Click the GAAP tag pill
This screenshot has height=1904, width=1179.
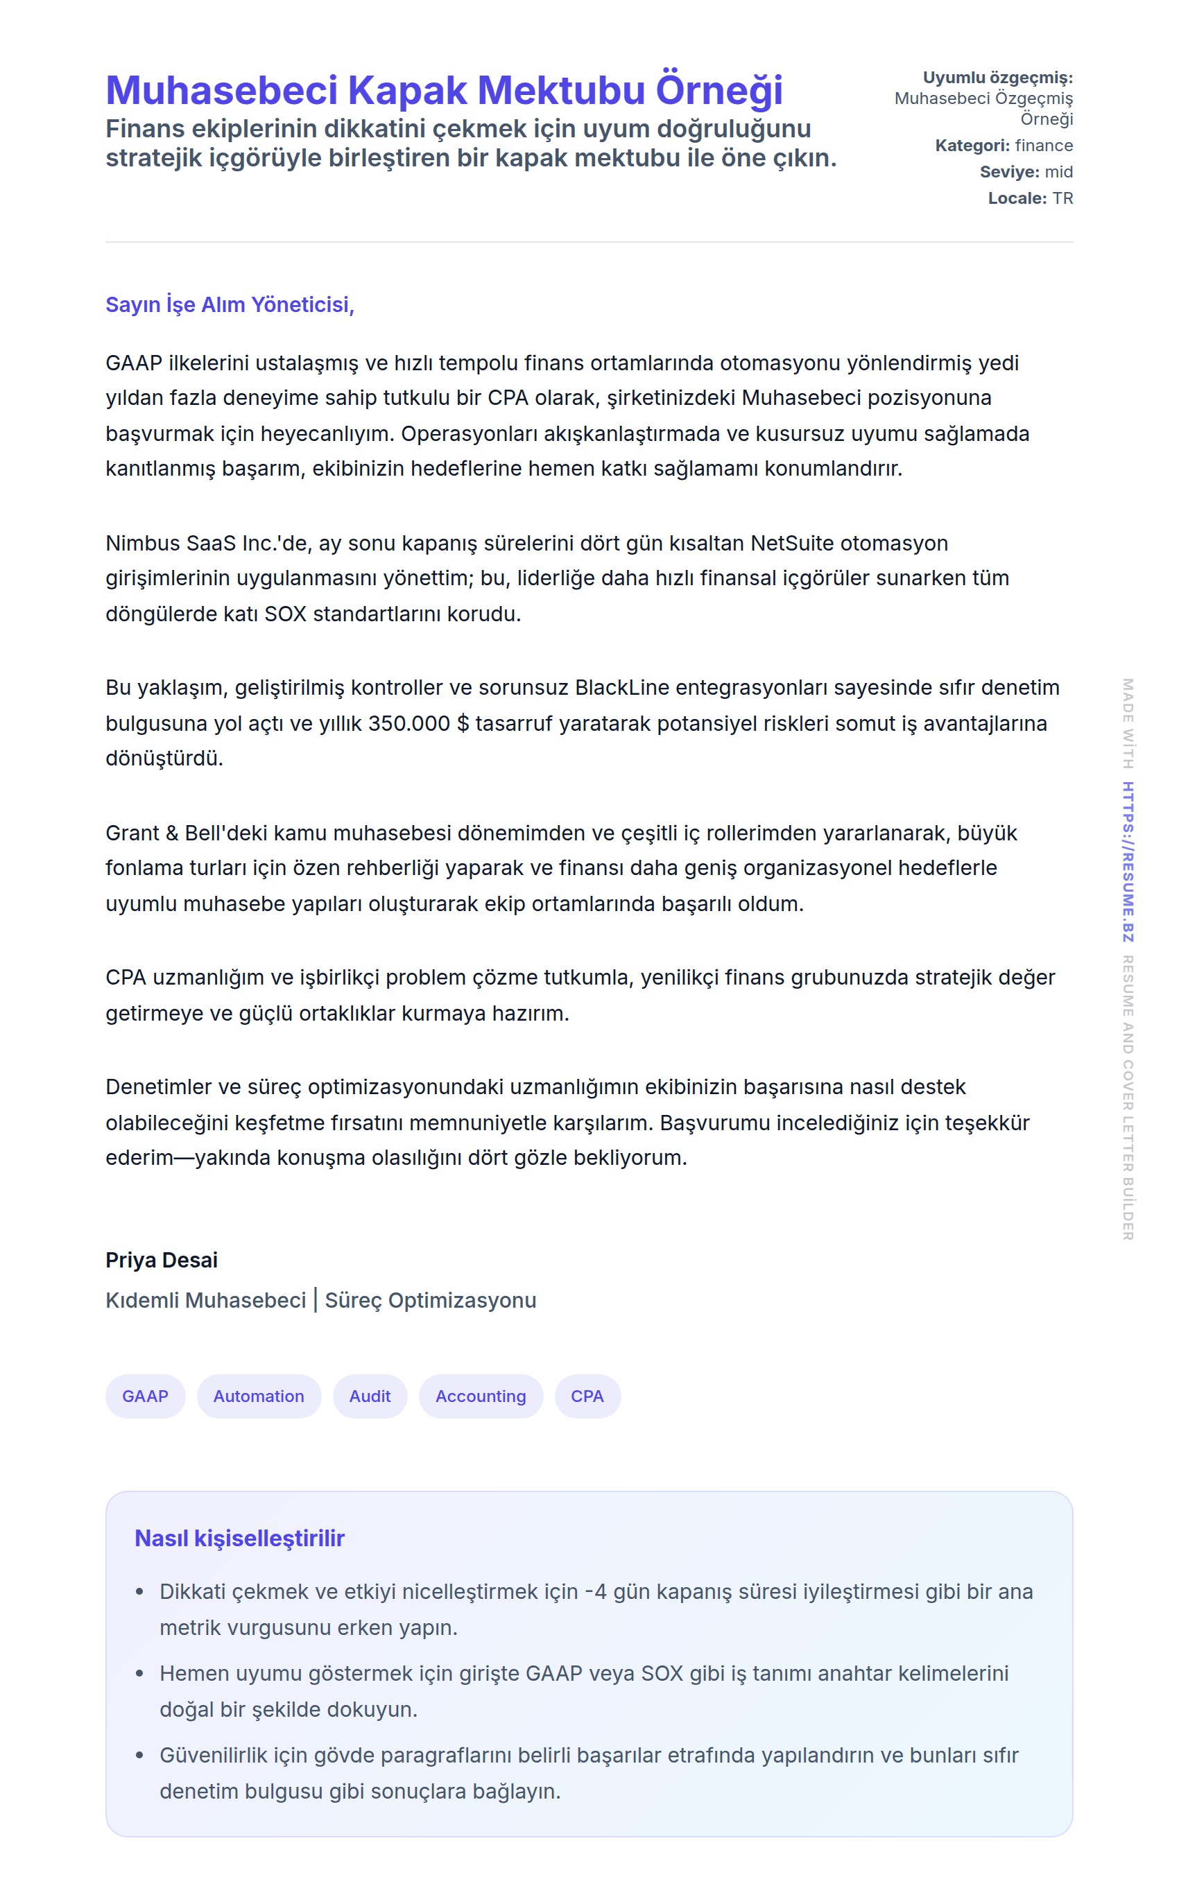[145, 1396]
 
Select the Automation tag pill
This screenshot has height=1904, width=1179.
[259, 1396]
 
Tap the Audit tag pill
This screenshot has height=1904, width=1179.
[370, 1396]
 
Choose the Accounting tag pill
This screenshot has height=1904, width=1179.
[481, 1396]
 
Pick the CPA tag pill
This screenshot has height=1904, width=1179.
[587, 1396]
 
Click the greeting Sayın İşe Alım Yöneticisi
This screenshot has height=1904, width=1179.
[230, 304]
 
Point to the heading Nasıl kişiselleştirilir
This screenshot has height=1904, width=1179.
[239, 1538]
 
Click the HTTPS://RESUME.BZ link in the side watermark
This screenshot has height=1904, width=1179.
[1128, 861]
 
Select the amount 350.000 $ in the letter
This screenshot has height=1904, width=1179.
[419, 723]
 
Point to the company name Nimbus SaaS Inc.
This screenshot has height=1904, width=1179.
[193, 543]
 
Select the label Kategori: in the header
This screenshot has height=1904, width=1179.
[972, 146]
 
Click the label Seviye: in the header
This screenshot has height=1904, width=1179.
[1009, 172]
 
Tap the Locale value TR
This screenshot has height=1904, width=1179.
[1062, 199]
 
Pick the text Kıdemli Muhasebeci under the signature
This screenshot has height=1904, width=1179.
[206, 1300]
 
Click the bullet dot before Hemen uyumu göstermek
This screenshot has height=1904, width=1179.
[139, 1673]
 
